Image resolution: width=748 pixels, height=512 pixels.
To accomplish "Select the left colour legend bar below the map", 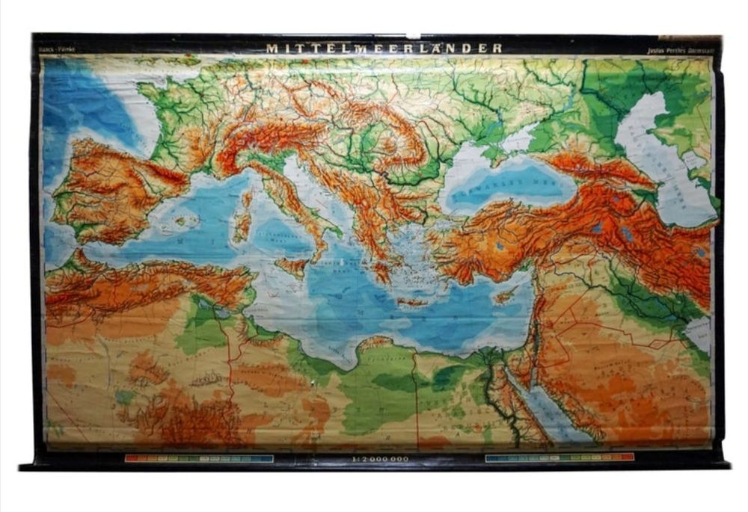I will [x=199, y=457].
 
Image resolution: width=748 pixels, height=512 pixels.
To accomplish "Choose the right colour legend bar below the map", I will [x=559, y=457].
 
